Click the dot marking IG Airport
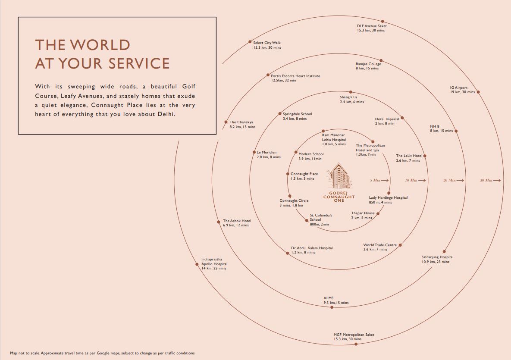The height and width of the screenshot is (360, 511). click(478, 92)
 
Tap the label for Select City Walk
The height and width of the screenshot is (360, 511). click(267, 45)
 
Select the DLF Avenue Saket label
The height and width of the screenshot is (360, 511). click(371, 28)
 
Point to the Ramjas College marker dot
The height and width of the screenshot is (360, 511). click(380, 64)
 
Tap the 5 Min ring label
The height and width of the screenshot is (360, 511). click(375, 180)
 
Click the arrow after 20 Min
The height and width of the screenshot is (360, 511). click(461, 180)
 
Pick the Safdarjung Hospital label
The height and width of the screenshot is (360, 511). click(437, 260)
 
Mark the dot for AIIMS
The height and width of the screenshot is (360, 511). click(331, 307)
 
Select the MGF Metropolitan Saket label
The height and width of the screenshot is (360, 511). click(354, 337)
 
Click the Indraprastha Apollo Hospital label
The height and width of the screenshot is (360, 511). click(214, 264)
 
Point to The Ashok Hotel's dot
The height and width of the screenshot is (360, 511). click(219, 222)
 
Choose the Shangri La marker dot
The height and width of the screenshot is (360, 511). click(351, 92)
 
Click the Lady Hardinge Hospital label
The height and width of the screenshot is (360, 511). click(388, 200)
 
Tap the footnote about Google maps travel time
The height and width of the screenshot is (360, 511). click(102, 353)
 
